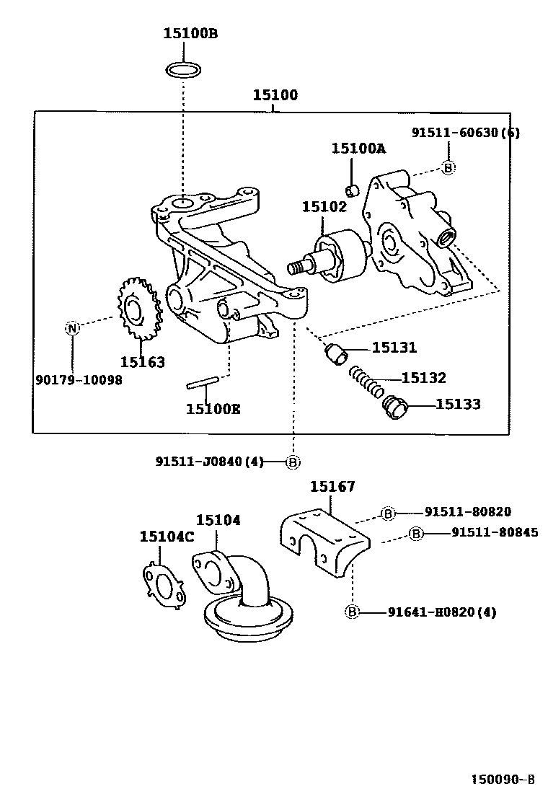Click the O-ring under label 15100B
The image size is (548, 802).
click(184, 70)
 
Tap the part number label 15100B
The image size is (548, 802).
click(190, 32)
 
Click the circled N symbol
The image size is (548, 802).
click(72, 328)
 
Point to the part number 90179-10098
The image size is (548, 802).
click(79, 379)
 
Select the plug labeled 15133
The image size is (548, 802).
click(395, 407)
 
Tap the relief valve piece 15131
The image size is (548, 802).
click(336, 353)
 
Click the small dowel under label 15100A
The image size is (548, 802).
click(353, 190)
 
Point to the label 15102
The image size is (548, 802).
click(324, 206)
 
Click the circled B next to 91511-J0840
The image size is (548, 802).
click(293, 462)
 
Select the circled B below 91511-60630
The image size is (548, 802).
click(448, 168)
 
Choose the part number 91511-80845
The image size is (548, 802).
click(494, 533)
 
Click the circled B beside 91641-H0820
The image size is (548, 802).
click(352, 612)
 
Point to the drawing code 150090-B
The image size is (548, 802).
click(503, 780)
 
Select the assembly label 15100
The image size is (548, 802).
click(275, 95)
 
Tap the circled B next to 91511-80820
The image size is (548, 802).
click(388, 513)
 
